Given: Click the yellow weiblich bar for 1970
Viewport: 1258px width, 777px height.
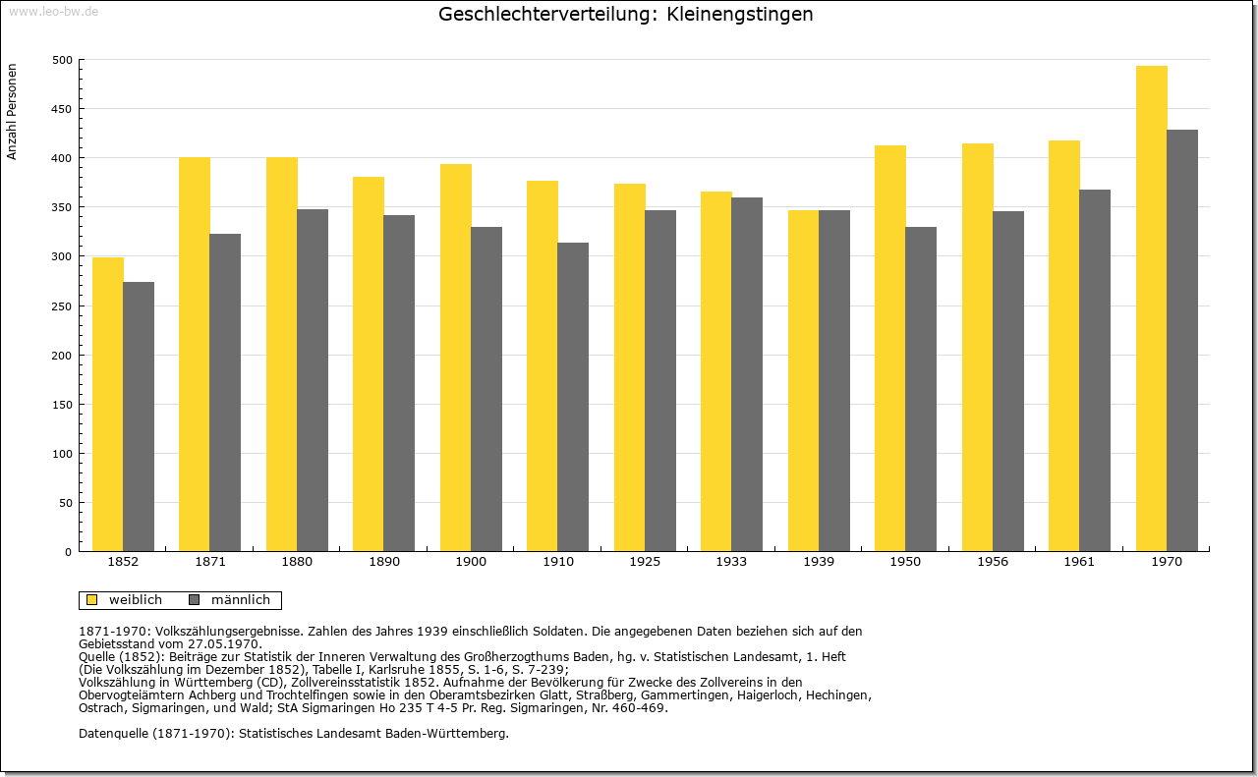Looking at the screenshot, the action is click(x=1151, y=308).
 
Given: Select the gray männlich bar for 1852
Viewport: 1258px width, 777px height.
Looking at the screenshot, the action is click(x=139, y=416).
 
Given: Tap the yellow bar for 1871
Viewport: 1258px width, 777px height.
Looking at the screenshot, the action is click(x=195, y=355).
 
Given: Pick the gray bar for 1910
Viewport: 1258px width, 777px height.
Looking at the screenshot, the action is click(x=573, y=397).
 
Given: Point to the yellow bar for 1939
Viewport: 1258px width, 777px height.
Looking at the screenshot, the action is click(x=803, y=380).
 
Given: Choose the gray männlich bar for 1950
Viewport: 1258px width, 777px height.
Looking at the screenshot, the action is click(x=921, y=389).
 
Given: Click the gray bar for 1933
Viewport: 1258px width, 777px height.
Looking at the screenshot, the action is click(x=747, y=374).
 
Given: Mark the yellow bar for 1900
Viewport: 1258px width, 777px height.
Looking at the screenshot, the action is click(x=455, y=358).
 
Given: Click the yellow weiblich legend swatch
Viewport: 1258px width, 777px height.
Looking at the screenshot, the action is click(x=91, y=599).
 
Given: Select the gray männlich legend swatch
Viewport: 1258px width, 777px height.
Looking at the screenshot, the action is click(x=195, y=599).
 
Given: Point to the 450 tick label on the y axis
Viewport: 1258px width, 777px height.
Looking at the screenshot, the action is click(x=62, y=109).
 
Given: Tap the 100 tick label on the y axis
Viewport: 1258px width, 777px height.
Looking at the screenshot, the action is click(x=62, y=454).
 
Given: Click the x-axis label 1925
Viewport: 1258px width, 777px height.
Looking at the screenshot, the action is click(x=645, y=562).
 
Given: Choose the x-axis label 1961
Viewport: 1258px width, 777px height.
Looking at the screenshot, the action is click(x=1079, y=562).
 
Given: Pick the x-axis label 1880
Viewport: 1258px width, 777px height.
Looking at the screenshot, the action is click(x=297, y=562).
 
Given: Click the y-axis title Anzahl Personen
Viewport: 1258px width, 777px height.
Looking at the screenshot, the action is click(x=12, y=112).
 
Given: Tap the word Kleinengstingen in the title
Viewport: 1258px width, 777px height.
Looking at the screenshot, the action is click(x=740, y=14).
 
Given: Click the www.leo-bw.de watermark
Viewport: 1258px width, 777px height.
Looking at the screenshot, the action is click(x=53, y=11).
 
